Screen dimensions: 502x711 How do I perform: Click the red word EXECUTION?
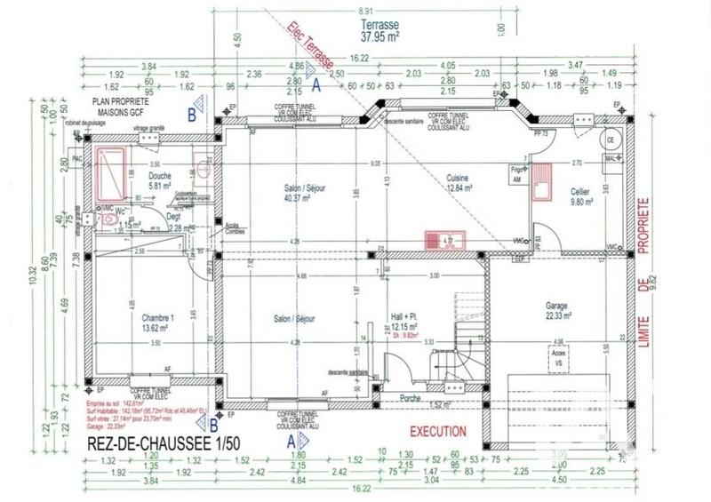(437, 431)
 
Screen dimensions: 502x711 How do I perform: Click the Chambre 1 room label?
(157, 321)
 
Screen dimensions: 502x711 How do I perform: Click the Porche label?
(411, 398)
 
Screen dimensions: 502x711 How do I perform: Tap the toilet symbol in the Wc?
(108, 219)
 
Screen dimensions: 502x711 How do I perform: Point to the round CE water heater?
(611, 140)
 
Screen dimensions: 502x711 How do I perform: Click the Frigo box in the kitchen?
(515, 173)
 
